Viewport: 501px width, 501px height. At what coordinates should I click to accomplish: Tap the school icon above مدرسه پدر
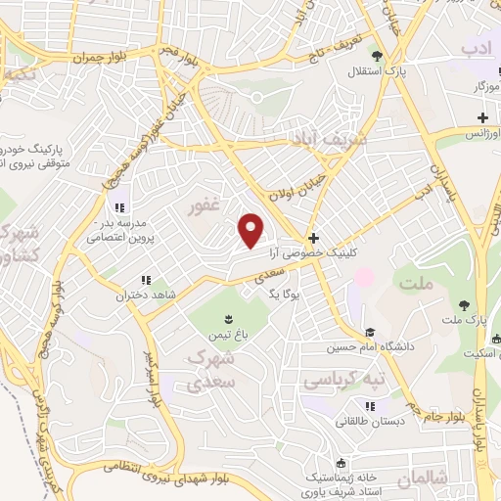tap(119, 206)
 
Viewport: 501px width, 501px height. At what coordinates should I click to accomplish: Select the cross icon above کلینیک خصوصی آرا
tap(313, 239)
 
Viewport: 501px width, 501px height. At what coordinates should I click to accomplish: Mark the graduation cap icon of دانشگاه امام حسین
tap(369, 333)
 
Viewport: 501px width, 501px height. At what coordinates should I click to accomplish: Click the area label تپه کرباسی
tap(343, 378)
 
